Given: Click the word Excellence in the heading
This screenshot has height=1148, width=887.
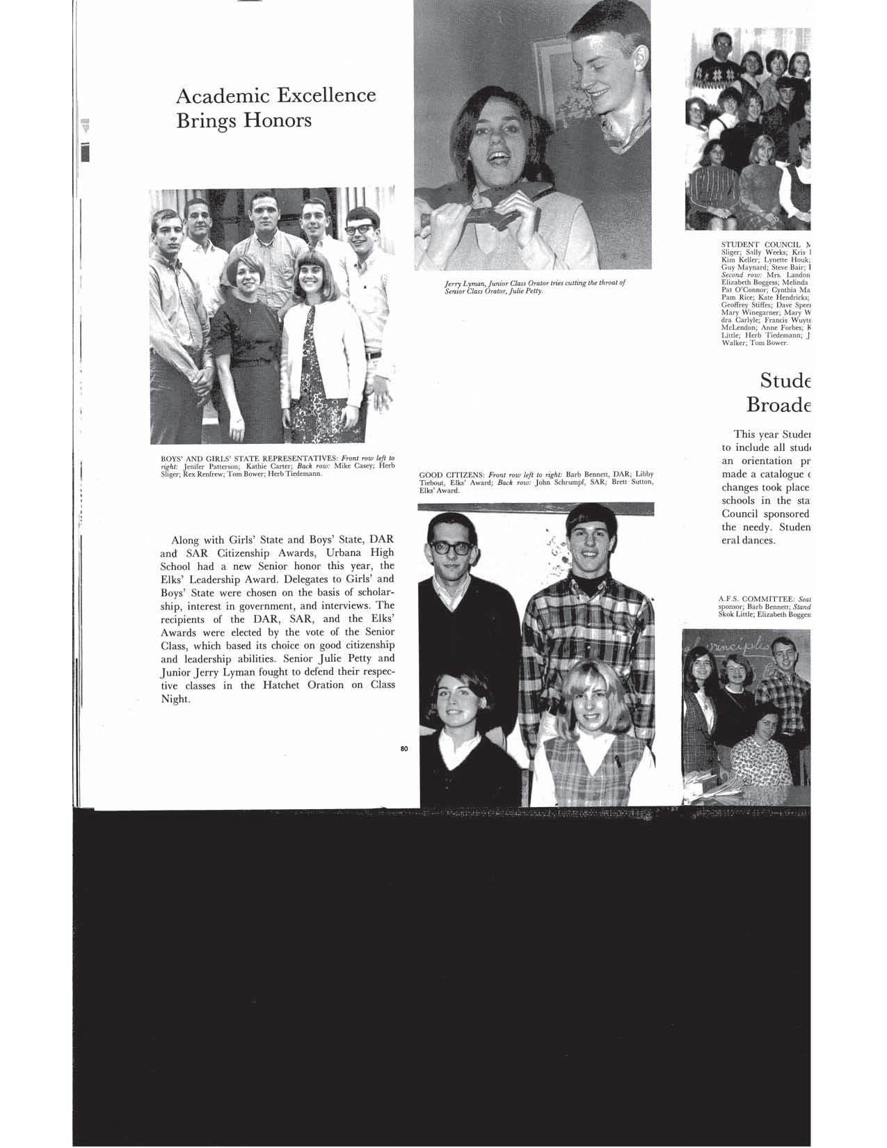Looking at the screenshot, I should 326,95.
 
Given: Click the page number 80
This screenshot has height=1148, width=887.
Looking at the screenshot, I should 404,749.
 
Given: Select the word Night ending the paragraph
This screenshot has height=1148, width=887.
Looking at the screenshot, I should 175,699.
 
